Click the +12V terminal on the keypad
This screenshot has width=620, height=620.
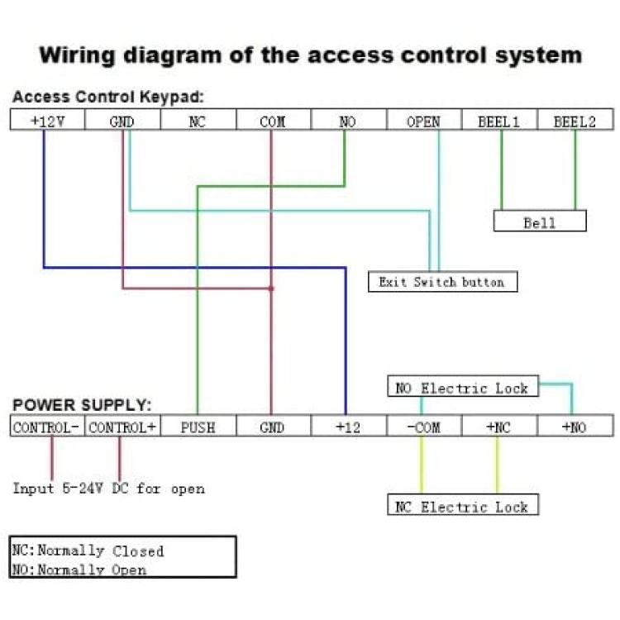pos(47,119)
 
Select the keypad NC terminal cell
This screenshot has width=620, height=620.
pos(198,119)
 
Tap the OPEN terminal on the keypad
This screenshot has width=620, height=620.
pos(424,119)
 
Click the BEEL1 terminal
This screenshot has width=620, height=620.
pos(500,119)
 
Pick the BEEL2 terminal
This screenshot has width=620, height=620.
pos(575,119)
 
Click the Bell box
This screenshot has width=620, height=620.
pos(540,221)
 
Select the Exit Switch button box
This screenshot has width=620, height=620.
pos(443,282)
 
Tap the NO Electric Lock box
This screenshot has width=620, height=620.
pos(463,386)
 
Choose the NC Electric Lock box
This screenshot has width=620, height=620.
pos(463,504)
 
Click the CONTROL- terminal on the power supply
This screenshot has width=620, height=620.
pos(47,426)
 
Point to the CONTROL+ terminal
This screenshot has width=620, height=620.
pos(122,426)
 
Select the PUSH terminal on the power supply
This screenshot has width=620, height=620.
pos(198,426)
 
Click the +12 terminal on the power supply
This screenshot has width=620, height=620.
pos(349,426)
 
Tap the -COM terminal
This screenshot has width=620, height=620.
pos(424,426)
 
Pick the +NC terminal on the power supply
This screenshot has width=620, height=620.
pos(500,426)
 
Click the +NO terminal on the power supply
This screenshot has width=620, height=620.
pos(575,426)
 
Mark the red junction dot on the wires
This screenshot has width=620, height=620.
pos(271,289)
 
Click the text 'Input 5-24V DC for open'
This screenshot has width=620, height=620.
pos(109,489)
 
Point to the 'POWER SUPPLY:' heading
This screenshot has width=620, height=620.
pos(82,405)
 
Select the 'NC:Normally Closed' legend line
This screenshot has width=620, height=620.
pos(88,550)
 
